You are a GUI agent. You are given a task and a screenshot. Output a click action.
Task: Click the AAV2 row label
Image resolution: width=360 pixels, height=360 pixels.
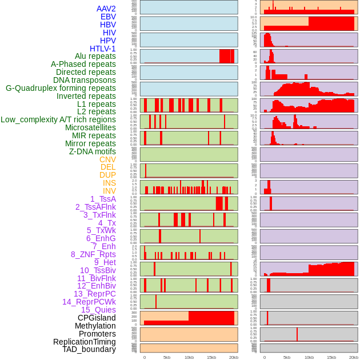(106, 9)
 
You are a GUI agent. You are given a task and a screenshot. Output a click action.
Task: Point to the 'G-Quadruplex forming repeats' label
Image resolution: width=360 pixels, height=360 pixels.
(61, 88)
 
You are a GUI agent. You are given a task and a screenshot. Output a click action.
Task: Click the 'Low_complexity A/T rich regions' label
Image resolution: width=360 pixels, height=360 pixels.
(58, 119)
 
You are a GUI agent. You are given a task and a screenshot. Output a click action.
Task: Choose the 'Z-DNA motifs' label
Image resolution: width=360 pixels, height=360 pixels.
(92, 151)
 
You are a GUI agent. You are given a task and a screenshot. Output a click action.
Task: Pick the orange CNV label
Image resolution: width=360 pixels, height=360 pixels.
(107, 159)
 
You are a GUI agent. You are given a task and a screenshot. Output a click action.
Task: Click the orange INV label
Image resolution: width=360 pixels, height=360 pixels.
(109, 191)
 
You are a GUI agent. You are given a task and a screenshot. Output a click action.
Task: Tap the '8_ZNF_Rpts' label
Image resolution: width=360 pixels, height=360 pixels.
(93, 254)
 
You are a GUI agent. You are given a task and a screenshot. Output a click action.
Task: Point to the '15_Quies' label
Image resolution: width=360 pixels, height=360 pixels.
(98, 310)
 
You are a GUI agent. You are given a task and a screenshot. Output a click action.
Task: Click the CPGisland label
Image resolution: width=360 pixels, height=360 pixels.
(97, 318)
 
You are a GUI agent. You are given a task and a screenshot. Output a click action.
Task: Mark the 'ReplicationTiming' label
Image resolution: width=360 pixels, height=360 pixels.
(84, 342)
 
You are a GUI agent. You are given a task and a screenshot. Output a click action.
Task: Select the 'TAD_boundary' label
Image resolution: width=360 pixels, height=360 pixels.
(89, 349)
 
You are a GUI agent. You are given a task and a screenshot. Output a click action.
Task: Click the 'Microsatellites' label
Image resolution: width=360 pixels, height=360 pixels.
(90, 127)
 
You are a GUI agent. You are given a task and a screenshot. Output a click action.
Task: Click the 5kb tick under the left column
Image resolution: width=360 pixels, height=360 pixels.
(167, 357)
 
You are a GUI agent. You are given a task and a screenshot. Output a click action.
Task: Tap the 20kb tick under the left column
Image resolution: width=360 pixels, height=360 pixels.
(233, 357)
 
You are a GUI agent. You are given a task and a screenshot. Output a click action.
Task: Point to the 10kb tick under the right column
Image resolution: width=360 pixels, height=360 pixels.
(309, 357)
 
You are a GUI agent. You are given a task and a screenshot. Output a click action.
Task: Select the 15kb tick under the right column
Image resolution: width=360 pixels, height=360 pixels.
(331, 357)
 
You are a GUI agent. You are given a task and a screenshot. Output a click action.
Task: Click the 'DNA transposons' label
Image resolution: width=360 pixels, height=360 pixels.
(84, 80)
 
